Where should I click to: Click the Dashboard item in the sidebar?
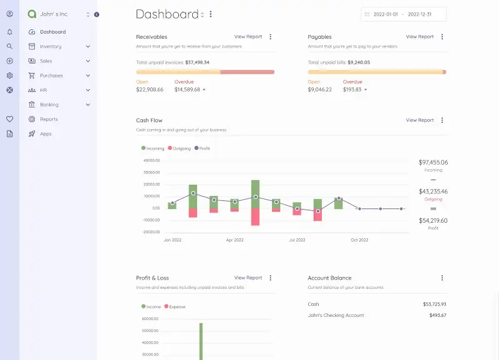[52, 32]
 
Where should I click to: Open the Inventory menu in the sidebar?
[51, 46]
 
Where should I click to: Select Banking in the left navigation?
[49, 105]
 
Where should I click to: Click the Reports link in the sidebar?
[49, 119]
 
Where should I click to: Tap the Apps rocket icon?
[32, 134]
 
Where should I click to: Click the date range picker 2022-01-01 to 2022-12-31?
[404, 14]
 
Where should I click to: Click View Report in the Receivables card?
[248, 37]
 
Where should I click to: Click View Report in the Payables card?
[419, 37]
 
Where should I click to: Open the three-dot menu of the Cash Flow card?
[442, 120]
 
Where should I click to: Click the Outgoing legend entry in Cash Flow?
[178, 148]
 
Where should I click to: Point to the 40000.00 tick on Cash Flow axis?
[152, 160]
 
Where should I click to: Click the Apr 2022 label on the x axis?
[235, 240]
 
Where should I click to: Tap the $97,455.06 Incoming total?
[433, 162]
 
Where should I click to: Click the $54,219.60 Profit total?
[433, 220]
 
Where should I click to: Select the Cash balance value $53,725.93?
[434, 304]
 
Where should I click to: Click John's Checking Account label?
[336, 315]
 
